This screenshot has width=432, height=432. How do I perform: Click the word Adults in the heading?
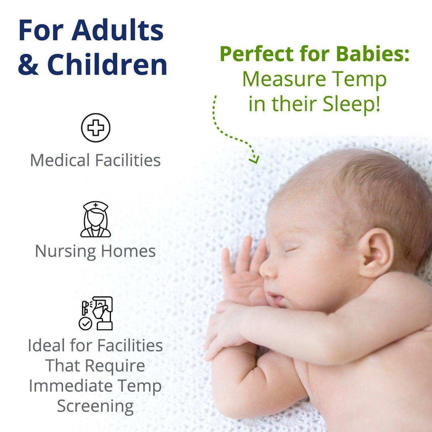point(117,30)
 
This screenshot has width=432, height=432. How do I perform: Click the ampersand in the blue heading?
point(28,65)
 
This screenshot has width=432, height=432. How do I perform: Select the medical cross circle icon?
point(96,128)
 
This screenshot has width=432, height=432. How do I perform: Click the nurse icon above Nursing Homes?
point(96,220)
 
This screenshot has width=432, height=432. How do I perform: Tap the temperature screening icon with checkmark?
point(96,314)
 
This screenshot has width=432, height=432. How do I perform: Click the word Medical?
point(60,160)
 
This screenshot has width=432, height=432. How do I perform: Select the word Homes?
point(132,251)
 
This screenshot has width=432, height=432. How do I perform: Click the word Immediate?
point(95,386)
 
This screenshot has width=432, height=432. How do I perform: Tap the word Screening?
point(95,407)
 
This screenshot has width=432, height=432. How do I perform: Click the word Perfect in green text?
point(255,54)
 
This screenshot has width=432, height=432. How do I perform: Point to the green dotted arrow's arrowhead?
point(254,159)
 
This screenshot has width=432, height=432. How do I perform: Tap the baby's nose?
point(268,268)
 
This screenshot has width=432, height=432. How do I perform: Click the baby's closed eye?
point(291,250)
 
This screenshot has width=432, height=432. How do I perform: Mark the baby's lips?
point(276,299)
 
